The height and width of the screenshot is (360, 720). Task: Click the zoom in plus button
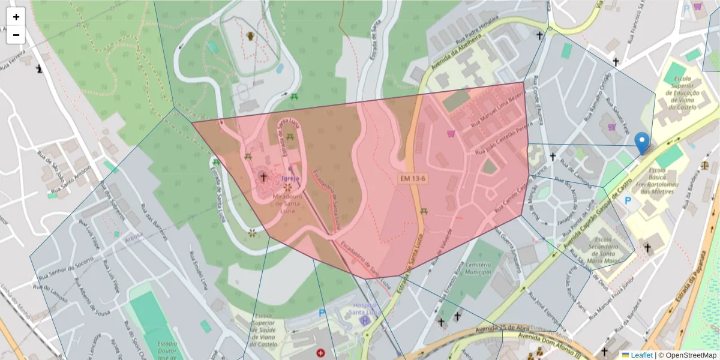click(16, 17)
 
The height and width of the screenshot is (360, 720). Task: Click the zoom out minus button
click(16, 35)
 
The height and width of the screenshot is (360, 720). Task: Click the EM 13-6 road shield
click(413, 179)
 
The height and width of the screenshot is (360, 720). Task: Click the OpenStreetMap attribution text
click(687, 355)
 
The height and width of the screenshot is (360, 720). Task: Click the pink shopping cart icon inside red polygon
click(451, 134)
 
